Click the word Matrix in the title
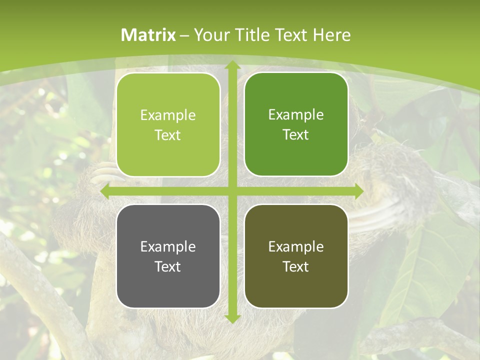[x=148, y=35]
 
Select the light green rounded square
[x=168, y=124]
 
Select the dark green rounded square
[x=296, y=124]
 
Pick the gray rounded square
[x=168, y=256]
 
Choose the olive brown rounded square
[x=296, y=256]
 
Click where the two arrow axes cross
[x=232, y=191]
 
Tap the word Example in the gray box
[x=168, y=246]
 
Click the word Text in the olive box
[x=296, y=266]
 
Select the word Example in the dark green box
[x=296, y=114]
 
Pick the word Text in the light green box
[x=168, y=135]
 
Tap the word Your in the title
[x=209, y=35]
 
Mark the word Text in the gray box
[x=168, y=266]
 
